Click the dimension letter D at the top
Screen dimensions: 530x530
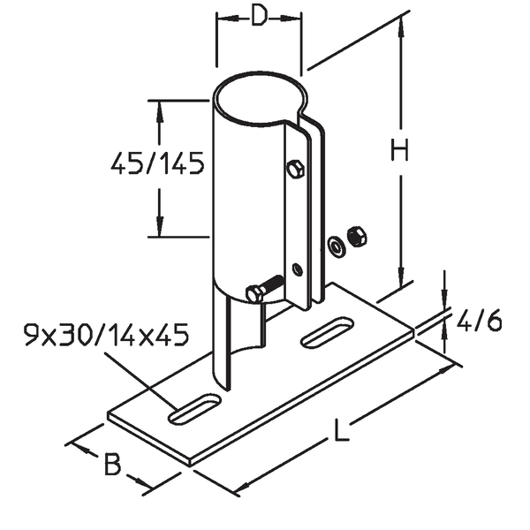[x=258, y=19]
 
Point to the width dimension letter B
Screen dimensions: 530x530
[x=111, y=466]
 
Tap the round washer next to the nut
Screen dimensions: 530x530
[x=337, y=245]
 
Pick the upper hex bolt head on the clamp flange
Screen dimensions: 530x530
[x=296, y=169]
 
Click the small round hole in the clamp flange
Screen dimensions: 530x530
[x=297, y=268]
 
